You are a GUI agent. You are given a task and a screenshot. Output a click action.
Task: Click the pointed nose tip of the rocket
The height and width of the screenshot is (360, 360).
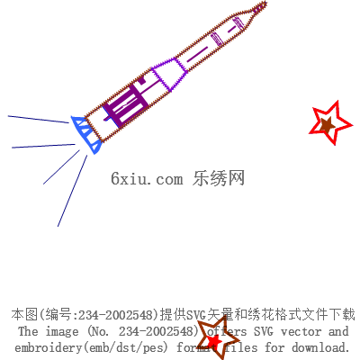(x=265, y=3)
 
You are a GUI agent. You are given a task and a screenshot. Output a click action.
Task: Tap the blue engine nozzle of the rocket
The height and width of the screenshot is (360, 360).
(x=87, y=134)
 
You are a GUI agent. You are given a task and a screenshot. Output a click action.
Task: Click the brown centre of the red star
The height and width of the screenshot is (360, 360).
(x=327, y=124)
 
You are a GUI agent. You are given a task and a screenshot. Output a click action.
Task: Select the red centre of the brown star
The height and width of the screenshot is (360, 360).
(x=215, y=341)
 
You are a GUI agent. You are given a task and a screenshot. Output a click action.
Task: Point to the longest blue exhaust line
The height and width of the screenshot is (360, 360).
(x=72, y=191)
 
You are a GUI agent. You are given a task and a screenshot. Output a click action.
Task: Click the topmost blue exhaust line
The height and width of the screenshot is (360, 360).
(x=39, y=120)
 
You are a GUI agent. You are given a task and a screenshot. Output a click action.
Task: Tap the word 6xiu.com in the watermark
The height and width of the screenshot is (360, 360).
(x=147, y=178)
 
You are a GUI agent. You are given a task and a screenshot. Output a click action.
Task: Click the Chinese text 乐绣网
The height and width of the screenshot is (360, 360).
(x=219, y=178)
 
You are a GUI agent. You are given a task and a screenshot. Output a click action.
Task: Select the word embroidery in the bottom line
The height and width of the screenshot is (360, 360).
(x=48, y=347)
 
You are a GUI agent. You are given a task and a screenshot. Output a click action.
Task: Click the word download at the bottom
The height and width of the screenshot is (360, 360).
(x=320, y=347)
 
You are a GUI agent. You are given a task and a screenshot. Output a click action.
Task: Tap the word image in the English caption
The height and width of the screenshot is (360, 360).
(x=62, y=332)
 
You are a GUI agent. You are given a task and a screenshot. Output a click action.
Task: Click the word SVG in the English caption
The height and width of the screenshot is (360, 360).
(x=264, y=331)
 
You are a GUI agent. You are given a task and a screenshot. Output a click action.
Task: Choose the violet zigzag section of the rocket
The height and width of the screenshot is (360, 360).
(x=169, y=74)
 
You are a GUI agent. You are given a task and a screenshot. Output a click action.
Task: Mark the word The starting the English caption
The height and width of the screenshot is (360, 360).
(x=28, y=331)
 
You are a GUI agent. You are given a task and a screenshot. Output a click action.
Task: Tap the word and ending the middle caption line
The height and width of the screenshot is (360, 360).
(x=338, y=331)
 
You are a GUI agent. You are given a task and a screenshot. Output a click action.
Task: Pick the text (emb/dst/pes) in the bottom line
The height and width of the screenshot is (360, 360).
(x=125, y=347)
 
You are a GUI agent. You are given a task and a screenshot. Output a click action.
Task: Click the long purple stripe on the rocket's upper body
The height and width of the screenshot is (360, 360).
(x=197, y=54)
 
